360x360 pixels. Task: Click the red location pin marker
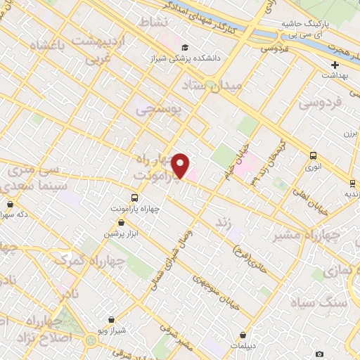click(181, 166)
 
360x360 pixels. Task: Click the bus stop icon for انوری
click(313, 156)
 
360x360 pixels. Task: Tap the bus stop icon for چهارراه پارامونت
click(134, 198)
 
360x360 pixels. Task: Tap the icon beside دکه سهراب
click(9, 204)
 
